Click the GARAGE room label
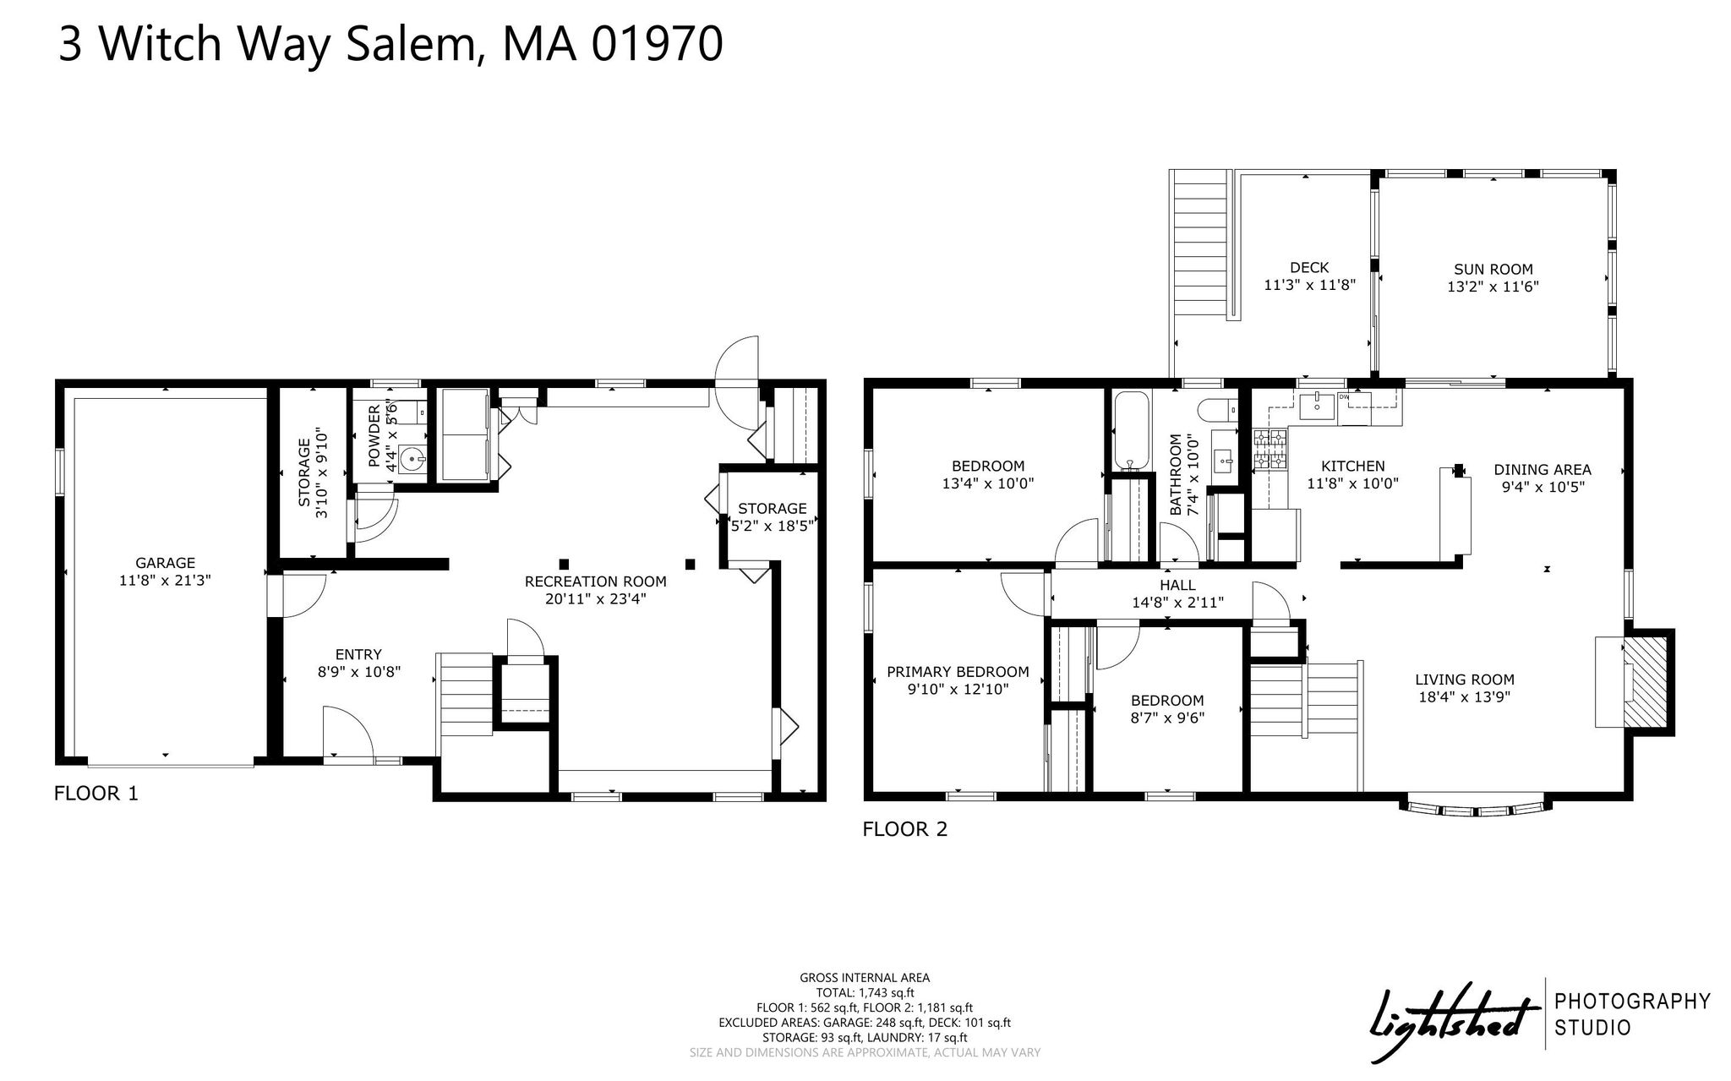pos(166,563)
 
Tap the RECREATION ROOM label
pos(596,581)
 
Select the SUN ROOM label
pos(1493,270)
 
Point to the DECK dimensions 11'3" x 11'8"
pos(1309,285)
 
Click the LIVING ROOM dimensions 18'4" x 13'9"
pos(1465,697)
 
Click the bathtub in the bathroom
pos(1131,429)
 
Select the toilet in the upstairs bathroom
pos(1215,410)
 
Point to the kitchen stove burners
pos(1270,449)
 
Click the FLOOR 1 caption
pos(96,794)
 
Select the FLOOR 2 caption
pos(905,829)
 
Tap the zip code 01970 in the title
pos(657,43)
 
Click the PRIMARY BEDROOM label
pos(958,672)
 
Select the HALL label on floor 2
pos(1178,585)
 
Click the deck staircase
pos(1200,244)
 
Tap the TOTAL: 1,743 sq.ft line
pos(865,993)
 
